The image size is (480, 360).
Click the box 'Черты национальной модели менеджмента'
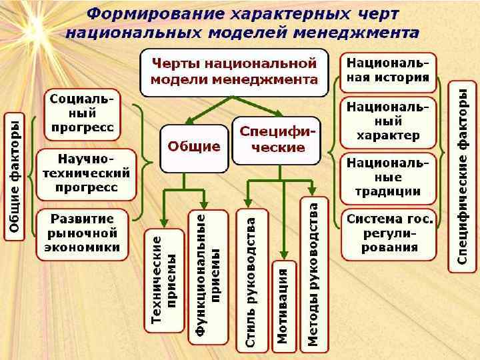coord(235,72)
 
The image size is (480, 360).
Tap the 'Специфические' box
coord(276,141)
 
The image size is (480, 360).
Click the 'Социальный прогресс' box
coord(82,113)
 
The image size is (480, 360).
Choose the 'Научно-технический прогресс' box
coord(87,173)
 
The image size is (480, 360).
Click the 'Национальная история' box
coord(387,73)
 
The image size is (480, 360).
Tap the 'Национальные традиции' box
coord(387,177)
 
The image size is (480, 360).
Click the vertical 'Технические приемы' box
coord(164,280)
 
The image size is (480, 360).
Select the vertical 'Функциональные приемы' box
coord(208,276)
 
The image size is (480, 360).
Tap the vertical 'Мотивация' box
coord(283,305)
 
